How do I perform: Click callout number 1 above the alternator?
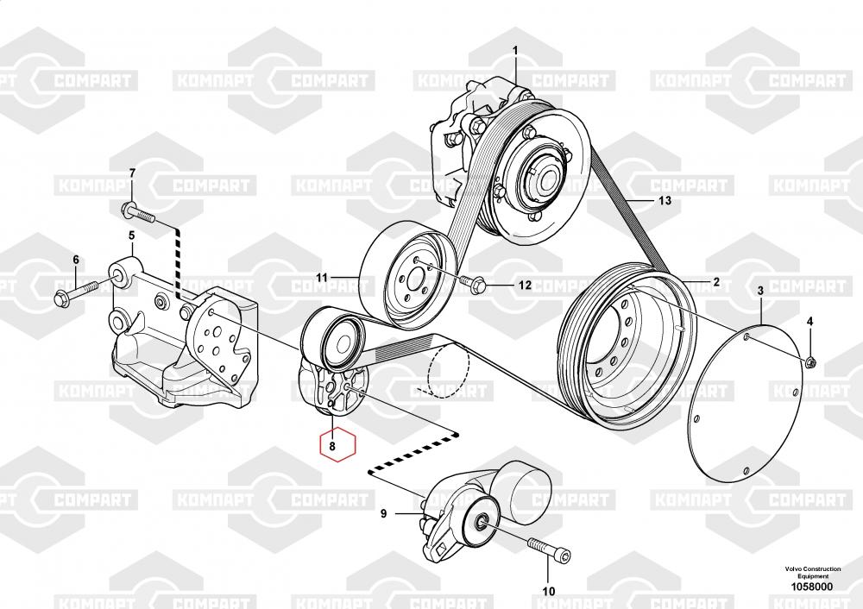pos(515,51)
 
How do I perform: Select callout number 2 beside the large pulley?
pos(716,282)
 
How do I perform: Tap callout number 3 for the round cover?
pos(760,291)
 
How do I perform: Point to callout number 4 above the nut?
pos(809,321)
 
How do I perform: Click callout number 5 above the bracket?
pos(131,236)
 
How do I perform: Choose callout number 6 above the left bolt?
pos(76,260)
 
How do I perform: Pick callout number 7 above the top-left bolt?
pos(132,173)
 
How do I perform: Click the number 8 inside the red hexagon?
pos(332,447)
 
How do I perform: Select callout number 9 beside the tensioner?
pos(384,514)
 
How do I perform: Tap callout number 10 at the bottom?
pos(549,592)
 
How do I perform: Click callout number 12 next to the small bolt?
pos(525,285)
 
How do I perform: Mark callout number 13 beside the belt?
pos(665,200)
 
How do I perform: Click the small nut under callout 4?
pos(810,362)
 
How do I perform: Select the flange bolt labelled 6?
pos(76,292)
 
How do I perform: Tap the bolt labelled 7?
pos(139,212)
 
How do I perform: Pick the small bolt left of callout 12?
pos(472,282)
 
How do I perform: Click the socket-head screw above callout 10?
pos(549,548)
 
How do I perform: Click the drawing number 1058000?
pos(812,587)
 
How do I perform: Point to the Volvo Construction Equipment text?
pos(813,572)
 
